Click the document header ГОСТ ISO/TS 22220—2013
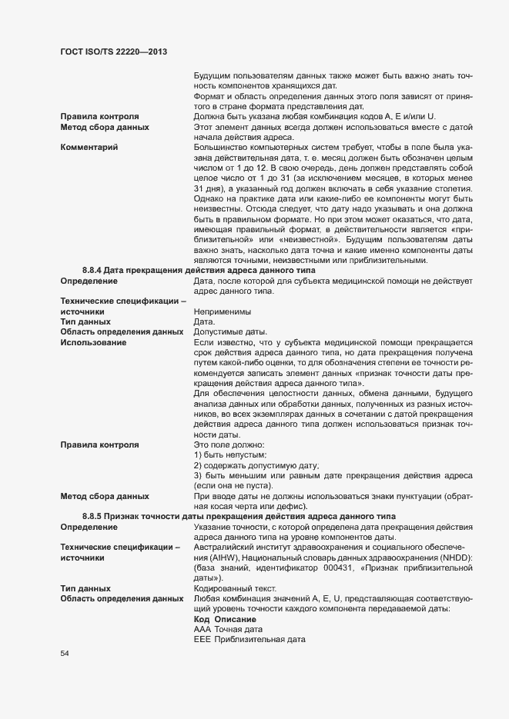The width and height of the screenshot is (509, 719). pyautogui.click(x=114, y=51)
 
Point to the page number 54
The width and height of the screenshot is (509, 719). pyautogui.click(x=65, y=654)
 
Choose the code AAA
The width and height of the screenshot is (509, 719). pyautogui.click(x=202, y=629)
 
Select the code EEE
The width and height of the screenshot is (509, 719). pyautogui.click(x=202, y=639)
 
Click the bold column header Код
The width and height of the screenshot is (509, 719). pyautogui.click(x=201, y=619)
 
